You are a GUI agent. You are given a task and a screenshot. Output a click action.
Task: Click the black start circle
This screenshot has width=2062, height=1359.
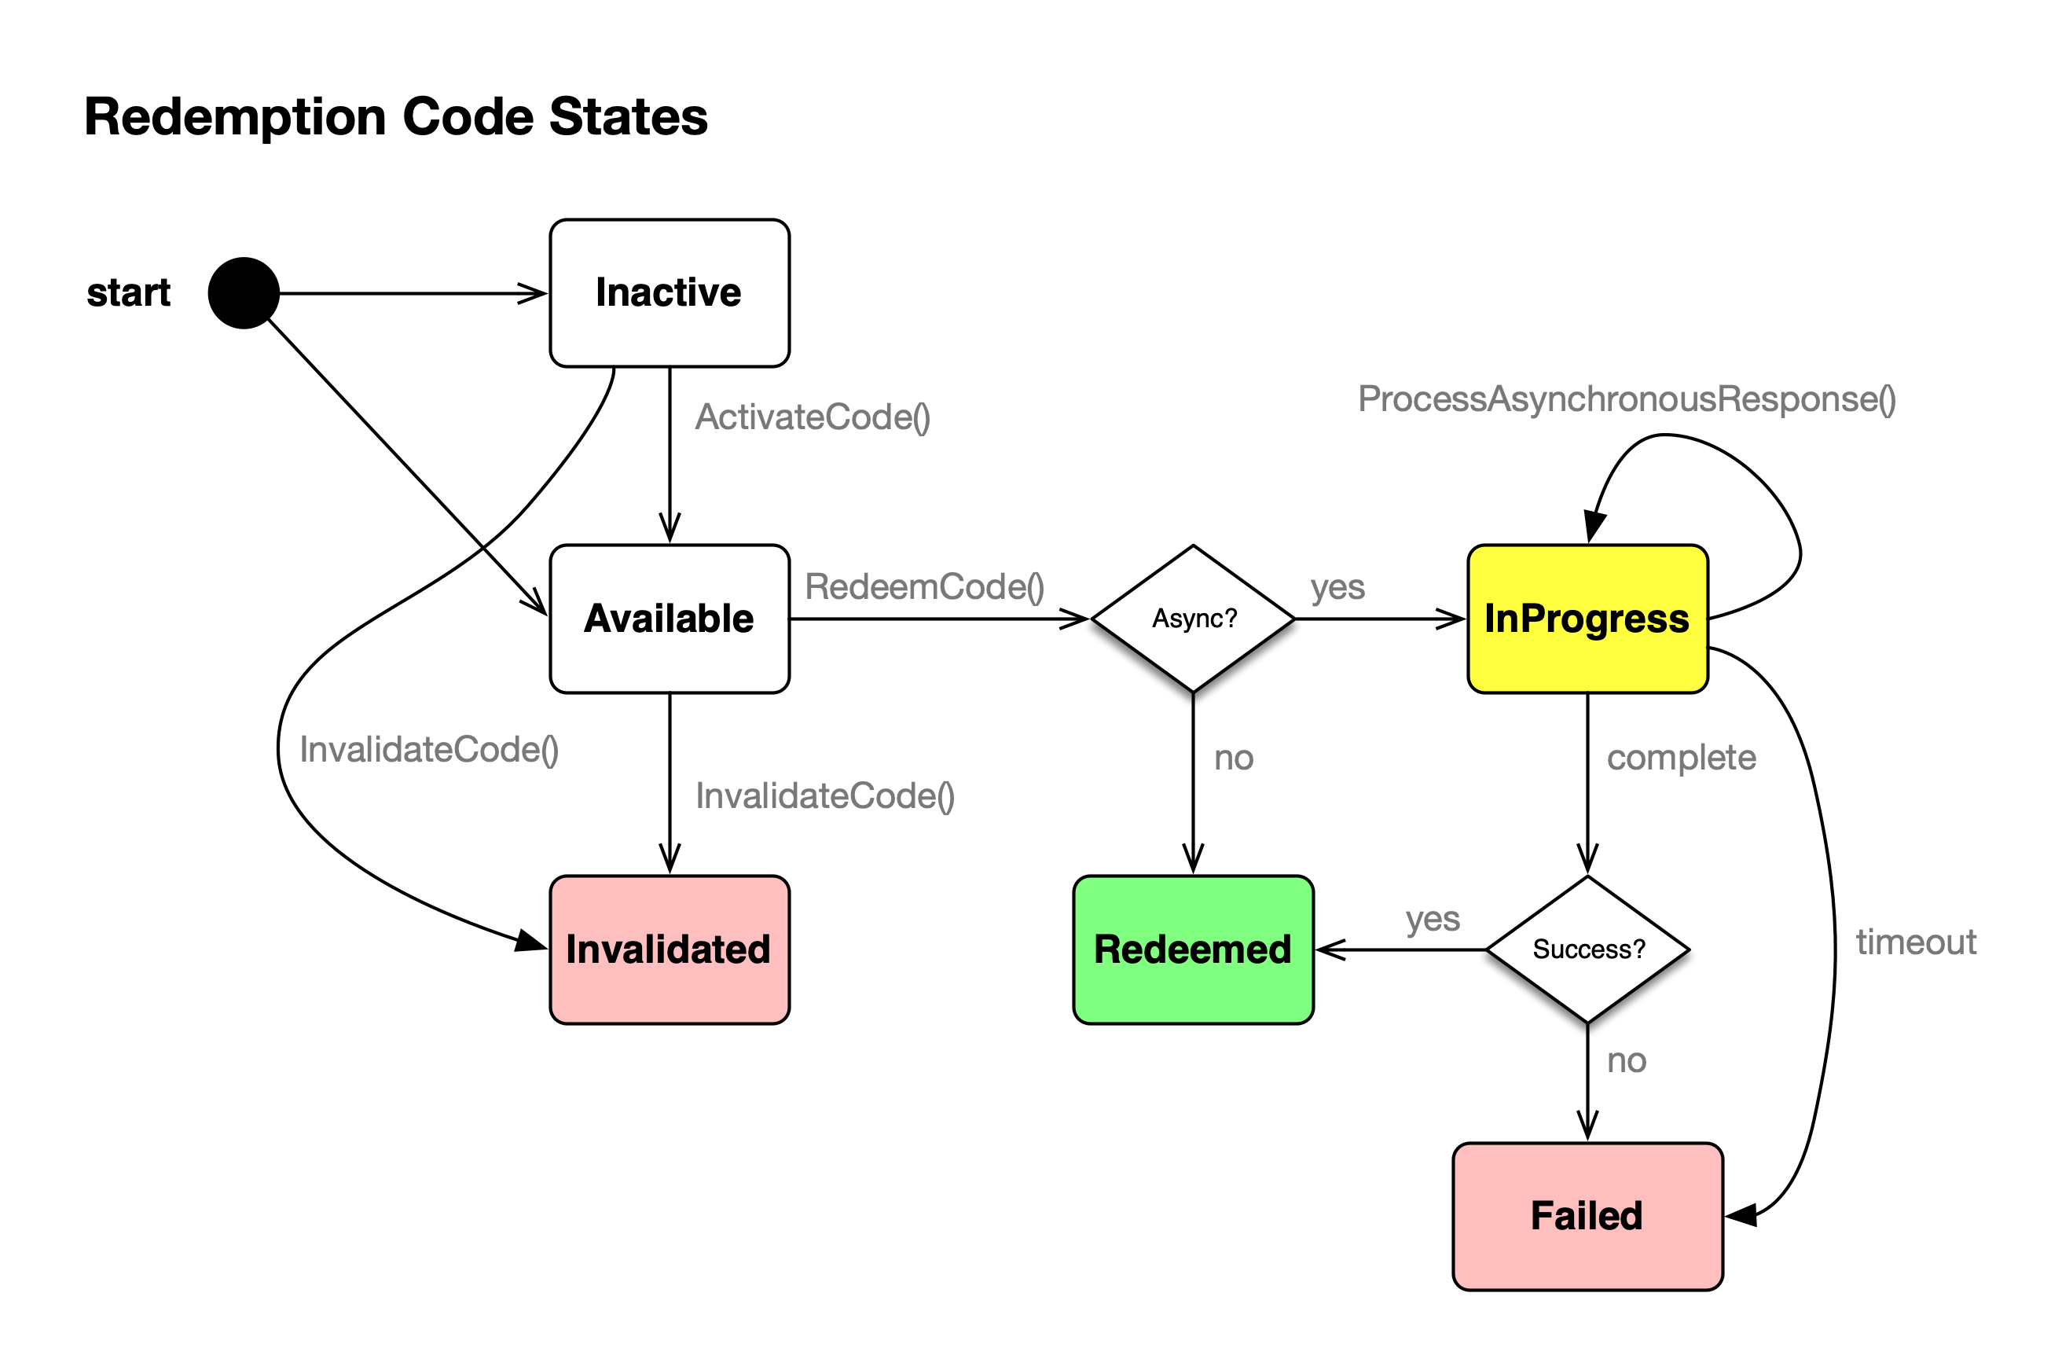(x=244, y=293)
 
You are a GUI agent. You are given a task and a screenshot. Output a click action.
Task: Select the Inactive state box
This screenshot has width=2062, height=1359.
(x=669, y=293)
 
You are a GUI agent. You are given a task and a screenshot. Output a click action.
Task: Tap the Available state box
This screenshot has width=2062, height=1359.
(x=669, y=619)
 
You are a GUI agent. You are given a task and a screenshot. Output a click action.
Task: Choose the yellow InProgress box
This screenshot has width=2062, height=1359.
(x=1587, y=619)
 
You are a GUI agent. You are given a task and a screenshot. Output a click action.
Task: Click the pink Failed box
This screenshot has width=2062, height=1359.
(x=1587, y=1216)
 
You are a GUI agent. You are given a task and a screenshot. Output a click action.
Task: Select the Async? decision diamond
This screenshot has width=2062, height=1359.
(x=1193, y=619)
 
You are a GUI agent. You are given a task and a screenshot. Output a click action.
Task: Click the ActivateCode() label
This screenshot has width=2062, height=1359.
(x=812, y=417)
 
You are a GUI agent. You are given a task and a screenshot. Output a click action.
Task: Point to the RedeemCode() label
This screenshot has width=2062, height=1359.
(x=923, y=587)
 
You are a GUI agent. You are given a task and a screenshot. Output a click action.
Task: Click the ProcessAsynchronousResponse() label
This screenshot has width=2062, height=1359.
(x=1626, y=399)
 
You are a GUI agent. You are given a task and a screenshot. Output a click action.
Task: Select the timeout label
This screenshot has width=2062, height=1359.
(x=1916, y=942)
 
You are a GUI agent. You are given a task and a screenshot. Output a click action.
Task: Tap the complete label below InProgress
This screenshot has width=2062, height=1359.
(x=1681, y=758)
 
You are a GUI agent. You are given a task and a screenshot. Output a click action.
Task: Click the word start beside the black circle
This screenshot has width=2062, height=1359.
(x=128, y=293)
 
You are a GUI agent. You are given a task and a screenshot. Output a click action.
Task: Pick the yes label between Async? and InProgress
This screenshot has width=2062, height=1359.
(x=1337, y=588)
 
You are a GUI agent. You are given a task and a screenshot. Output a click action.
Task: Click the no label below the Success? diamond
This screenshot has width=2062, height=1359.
(x=1625, y=1060)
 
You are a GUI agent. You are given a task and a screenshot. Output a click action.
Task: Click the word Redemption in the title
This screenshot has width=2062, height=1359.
(x=234, y=116)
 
